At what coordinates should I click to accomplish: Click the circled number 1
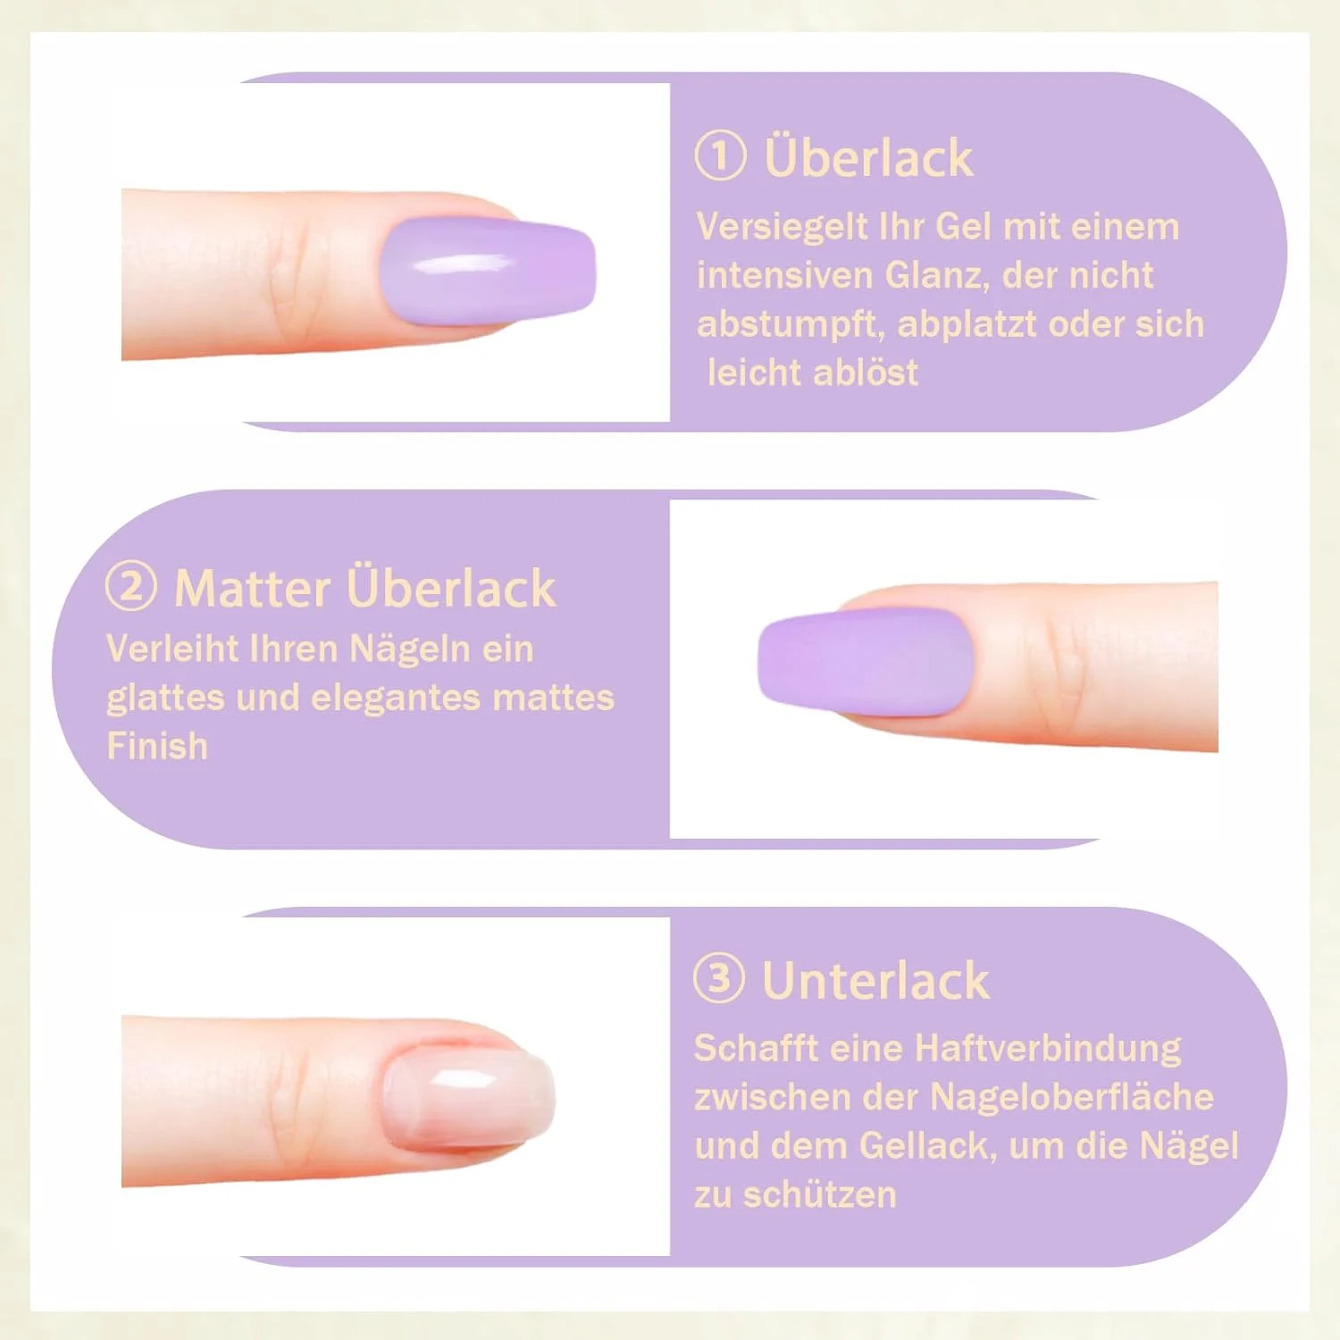720,155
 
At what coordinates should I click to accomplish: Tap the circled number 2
130,586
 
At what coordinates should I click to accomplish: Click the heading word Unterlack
875,981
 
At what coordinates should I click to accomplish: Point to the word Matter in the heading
253,589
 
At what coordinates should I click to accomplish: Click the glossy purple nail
488,270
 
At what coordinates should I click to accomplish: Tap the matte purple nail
865,661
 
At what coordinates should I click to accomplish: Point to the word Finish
157,746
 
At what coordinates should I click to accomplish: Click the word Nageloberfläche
1072,1097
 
